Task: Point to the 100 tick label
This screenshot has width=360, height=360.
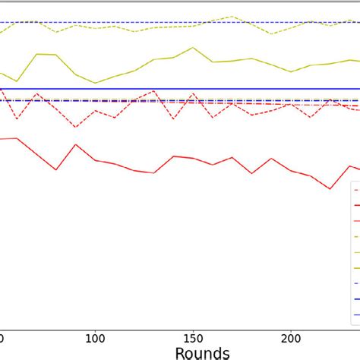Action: pyautogui.click(x=95, y=336)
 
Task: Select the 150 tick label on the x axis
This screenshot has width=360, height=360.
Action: pyautogui.click(x=193, y=336)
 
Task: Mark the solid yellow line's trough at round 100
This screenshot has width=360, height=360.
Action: pyautogui.click(x=95, y=83)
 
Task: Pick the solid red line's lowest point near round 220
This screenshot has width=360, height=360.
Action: pyautogui.click(x=330, y=188)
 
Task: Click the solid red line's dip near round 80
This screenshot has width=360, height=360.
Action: pyautogui.click(x=56, y=169)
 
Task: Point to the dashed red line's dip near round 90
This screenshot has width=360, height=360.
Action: pyautogui.click(x=75, y=127)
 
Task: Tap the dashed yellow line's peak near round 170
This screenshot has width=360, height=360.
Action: pyautogui.click(x=232, y=15)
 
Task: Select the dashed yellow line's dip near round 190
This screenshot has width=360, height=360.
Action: pyautogui.click(x=271, y=34)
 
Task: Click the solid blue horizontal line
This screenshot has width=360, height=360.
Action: pyautogui.click(x=228, y=89)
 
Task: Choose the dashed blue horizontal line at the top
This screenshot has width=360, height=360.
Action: pyautogui.click(x=152, y=22)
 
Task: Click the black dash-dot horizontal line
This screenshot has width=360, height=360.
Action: pyautogui.click(x=228, y=100)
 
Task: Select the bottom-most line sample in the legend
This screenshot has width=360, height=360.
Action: pyautogui.click(x=355, y=314)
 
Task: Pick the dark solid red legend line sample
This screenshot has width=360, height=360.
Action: pyautogui.click(x=355, y=204)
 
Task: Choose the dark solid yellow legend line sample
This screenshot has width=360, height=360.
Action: pyautogui.click(x=355, y=267)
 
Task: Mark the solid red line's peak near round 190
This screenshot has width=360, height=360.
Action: pyautogui.click(x=271, y=159)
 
